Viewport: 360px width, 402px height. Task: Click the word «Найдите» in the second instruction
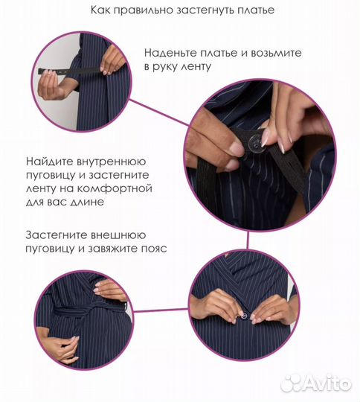coord(48,162)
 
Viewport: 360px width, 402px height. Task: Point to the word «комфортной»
coord(115,189)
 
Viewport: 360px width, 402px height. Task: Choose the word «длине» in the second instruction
coord(87,202)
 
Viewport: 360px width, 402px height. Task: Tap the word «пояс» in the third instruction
coord(154,249)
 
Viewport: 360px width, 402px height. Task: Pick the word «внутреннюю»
coord(111,162)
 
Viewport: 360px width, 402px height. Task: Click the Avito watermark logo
coord(317,384)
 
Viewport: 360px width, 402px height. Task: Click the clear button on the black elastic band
coord(254,141)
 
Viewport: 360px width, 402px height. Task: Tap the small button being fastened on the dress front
coord(245,316)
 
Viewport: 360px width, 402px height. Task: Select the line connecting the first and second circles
coord(160,113)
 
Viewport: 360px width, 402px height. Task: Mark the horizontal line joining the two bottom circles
coord(161,310)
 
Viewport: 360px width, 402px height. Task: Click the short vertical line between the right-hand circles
coord(248,240)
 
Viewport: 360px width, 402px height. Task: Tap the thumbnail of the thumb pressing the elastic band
coord(237,150)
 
